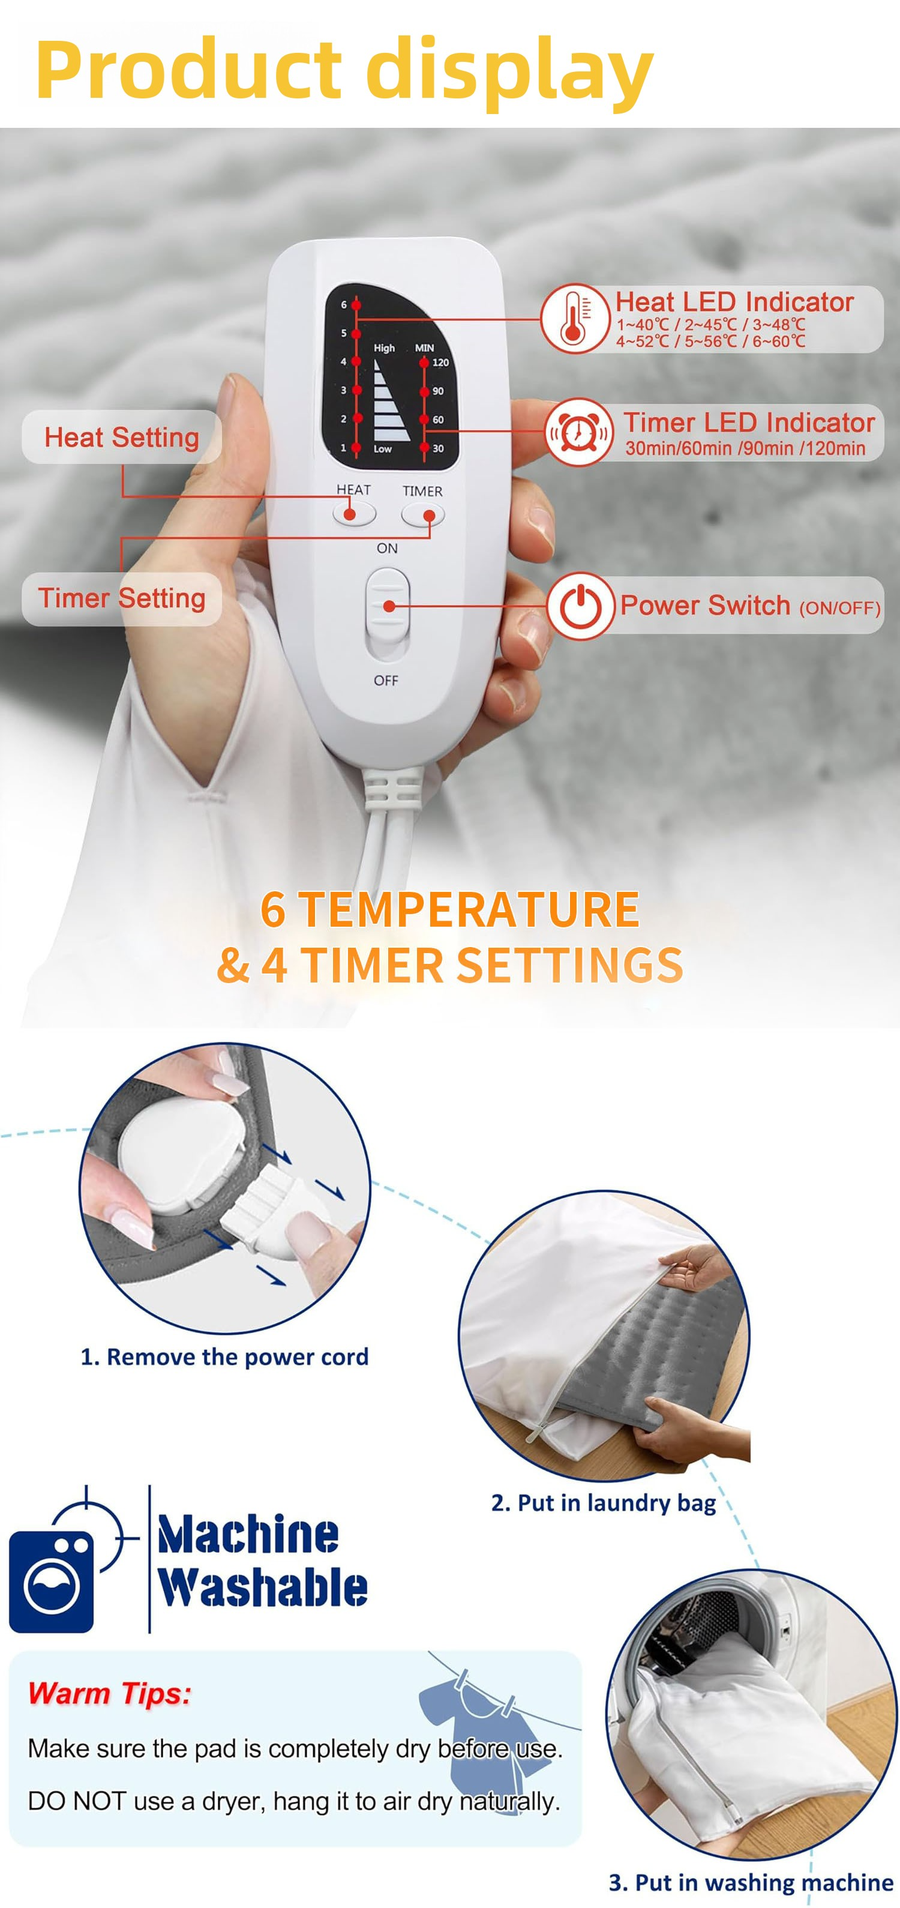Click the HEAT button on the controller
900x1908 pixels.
point(354,513)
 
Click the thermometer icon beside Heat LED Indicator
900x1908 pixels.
point(575,319)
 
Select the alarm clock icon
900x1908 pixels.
point(579,433)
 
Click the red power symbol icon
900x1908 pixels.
point(581,606)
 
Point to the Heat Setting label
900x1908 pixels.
point(121,437)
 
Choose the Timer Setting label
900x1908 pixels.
point(121,598)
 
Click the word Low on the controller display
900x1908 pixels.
point(382,449)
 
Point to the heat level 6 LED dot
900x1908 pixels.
point(356,304)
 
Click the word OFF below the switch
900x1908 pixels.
point(386,681)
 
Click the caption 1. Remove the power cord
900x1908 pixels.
point(224,1356)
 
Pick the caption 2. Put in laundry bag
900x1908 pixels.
point(604,1503)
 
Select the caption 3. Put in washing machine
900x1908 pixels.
point(751,1882)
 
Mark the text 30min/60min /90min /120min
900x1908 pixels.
point(745,448)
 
